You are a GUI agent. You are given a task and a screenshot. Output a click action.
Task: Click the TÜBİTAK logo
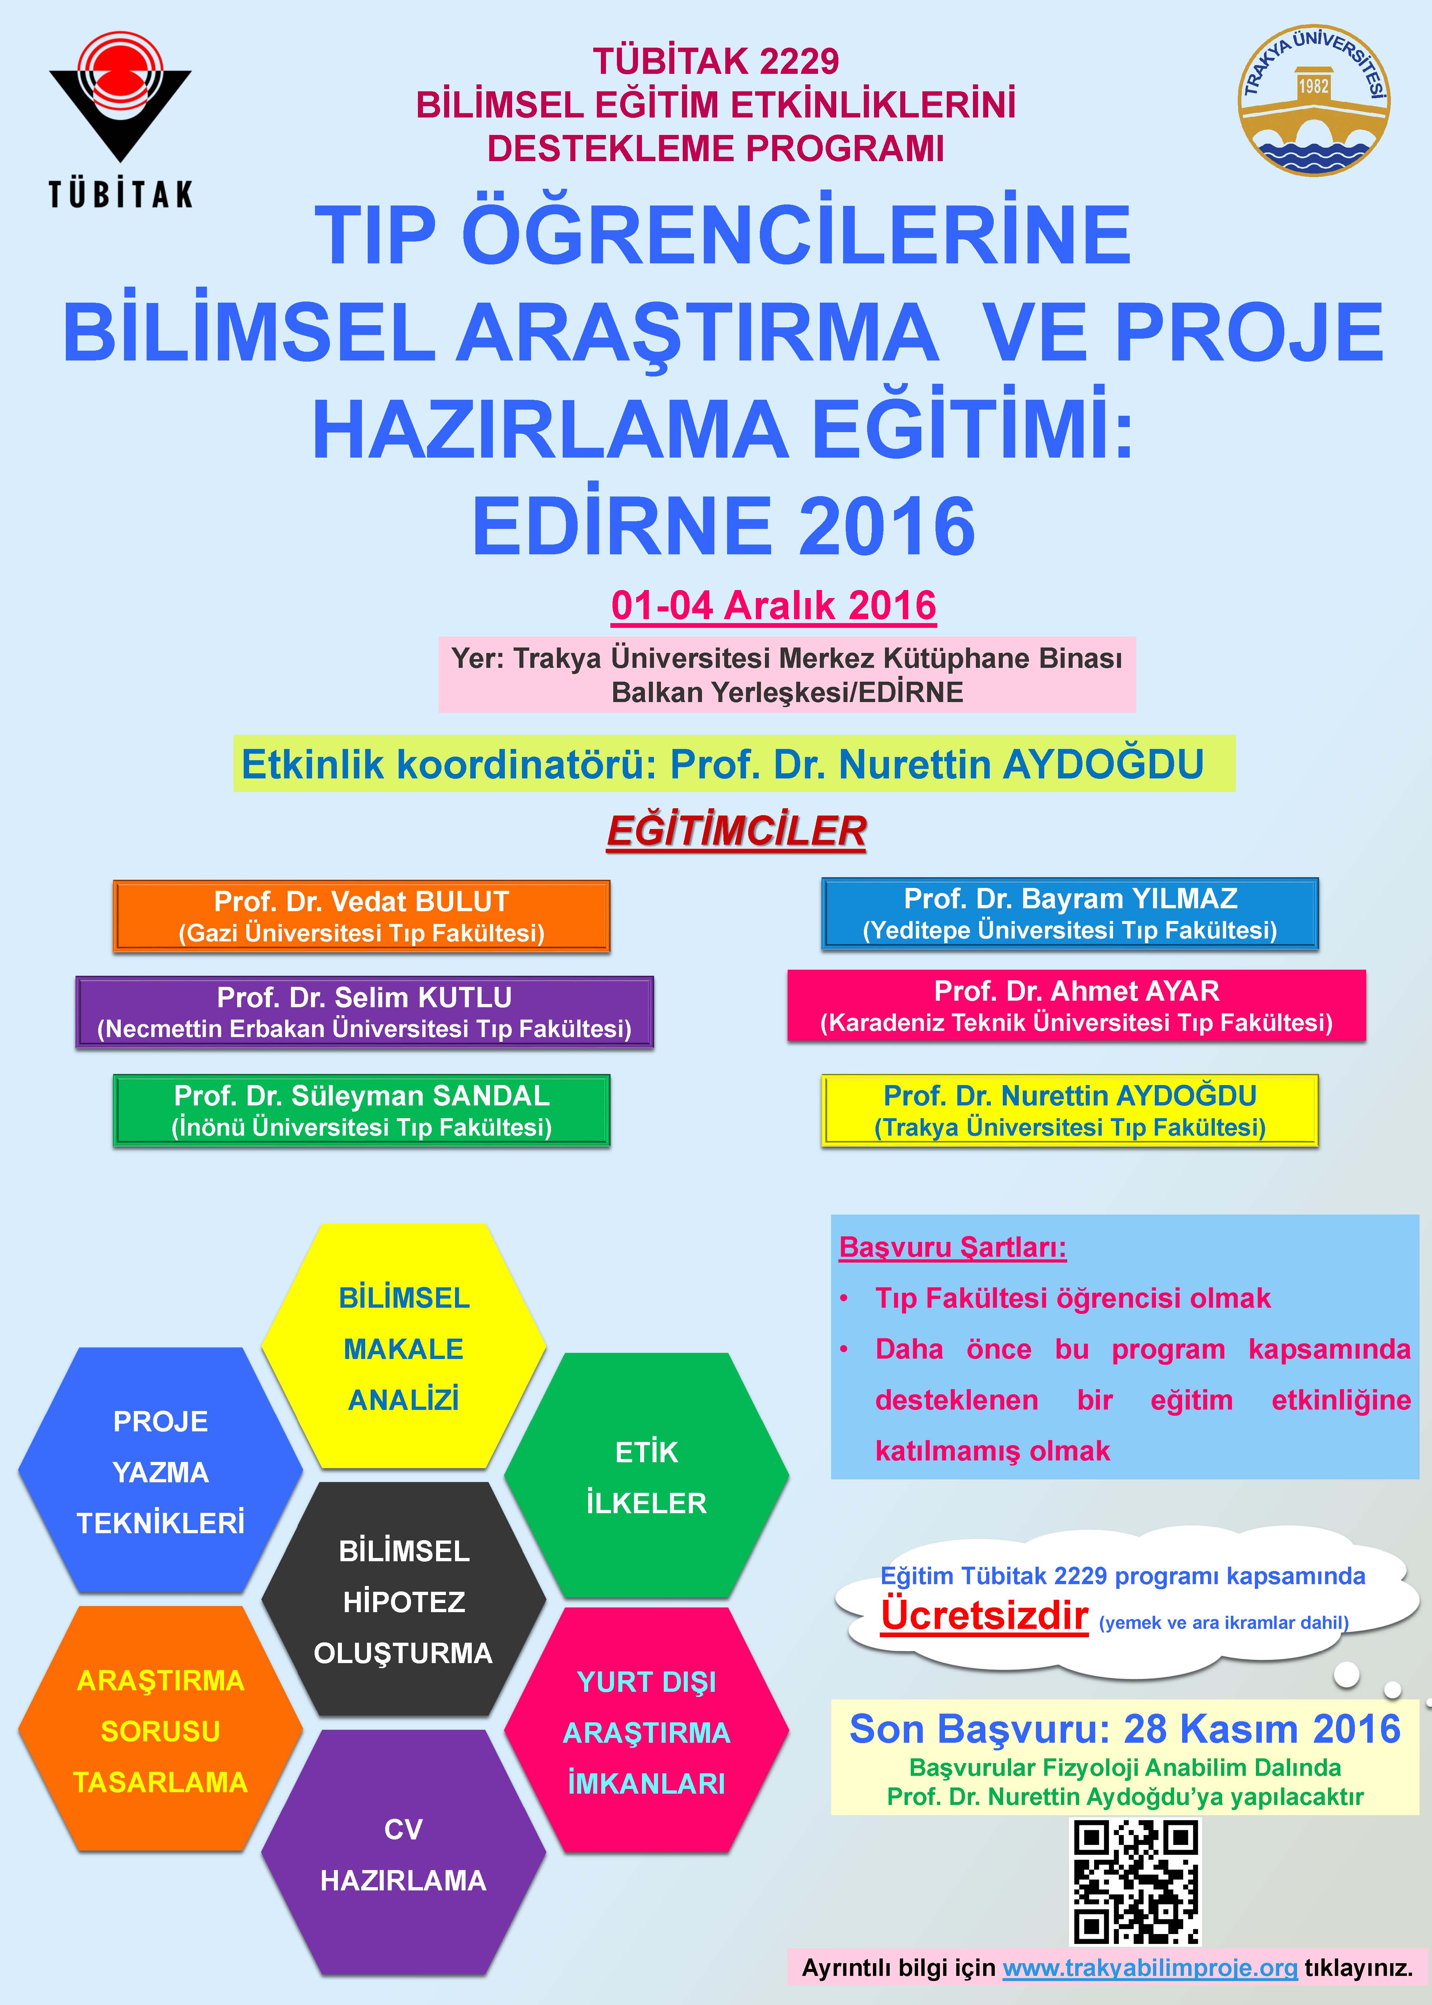[x=120, y=119]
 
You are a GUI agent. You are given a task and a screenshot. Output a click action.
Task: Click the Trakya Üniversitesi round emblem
[x=1314, y=100]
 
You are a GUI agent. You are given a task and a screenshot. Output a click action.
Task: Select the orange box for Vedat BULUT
[x=362, y=916]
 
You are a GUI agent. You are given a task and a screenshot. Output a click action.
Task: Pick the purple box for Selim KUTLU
[x=364, y=1012]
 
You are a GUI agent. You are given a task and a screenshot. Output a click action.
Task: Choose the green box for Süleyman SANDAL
[x=362, y=1110]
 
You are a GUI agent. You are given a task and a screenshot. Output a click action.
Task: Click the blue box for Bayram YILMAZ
[x=1070, y=913]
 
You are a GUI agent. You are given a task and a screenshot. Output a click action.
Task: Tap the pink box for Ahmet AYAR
[x=1076, y=1006]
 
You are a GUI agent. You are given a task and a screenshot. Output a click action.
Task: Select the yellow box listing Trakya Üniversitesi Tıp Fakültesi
[x=1070, y=1110]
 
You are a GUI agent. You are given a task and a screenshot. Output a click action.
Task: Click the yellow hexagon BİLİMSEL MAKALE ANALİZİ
[x=404, y=1346]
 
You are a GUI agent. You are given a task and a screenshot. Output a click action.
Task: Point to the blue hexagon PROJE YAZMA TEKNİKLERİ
[x=160, y=1471]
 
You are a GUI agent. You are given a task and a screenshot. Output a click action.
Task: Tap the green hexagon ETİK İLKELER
[x=646, y=1476]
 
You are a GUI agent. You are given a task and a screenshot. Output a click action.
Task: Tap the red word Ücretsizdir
[x=984, y=1615]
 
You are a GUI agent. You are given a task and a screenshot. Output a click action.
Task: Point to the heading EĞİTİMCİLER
[x=736, y=832]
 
